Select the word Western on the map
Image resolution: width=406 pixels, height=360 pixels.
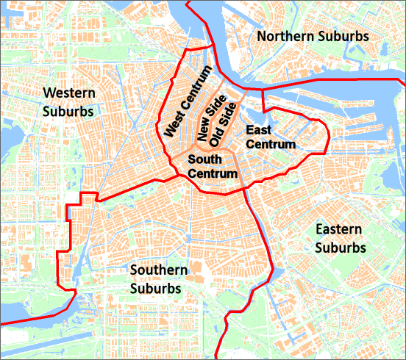point(68,93)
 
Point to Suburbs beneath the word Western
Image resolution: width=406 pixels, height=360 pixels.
point(68,112)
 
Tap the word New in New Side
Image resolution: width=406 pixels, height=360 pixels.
point(202,134)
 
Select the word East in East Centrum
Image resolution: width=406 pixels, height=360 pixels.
point(259,130)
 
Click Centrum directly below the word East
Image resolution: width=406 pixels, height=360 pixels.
point(270,144)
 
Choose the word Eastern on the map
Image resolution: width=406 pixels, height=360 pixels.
point(339,229)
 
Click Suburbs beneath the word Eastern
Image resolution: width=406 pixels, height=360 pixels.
point(341,248)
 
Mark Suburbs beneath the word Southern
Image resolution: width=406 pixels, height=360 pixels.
point(156,289)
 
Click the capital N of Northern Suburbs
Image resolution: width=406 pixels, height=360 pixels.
point(262,36)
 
